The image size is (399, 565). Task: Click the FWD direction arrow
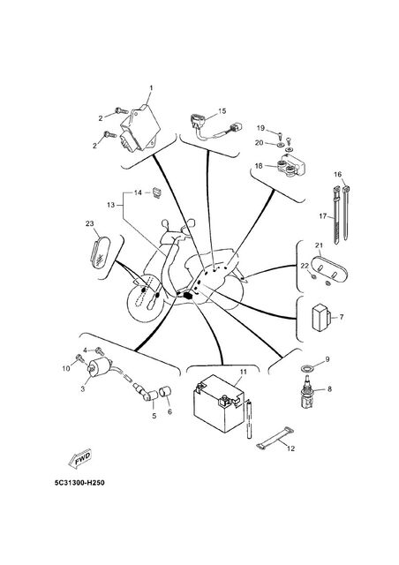[x=80, y=458]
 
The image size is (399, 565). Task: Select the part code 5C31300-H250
[x=79, y=483]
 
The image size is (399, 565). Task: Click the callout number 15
[x=222, y=111]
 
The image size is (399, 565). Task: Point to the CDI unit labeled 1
[x=139, y=127]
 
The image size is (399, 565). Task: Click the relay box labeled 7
[x=321, y=318]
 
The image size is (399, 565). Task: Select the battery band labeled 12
[x=275, y=438]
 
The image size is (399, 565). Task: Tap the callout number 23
[x=90, y=223]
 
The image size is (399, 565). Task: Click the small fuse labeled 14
[x=157, y=192]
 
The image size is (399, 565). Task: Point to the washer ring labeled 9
[x=306, y=368]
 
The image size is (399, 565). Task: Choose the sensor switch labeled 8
[x=307, y=392]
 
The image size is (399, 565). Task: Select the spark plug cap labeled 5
[x=150, y=395]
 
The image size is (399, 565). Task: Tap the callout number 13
[x=110, y=205]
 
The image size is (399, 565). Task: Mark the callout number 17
[x=323, y=216]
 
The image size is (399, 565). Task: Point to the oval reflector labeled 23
[x=98, y=252]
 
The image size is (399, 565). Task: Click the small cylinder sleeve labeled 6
[x=166, y=391]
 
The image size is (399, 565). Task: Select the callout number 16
[x=337, y=175]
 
